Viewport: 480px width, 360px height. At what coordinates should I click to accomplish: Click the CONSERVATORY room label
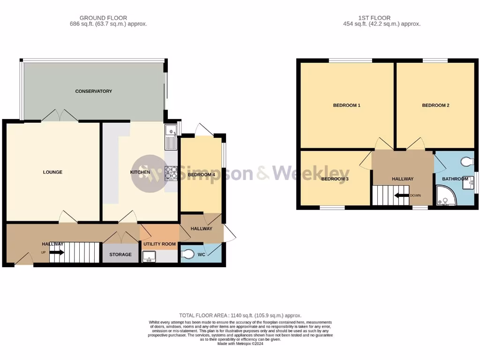coord(94,91)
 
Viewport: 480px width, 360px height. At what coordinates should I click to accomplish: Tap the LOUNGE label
coord(52,172)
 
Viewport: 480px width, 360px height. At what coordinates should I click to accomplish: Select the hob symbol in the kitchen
coord(170,173)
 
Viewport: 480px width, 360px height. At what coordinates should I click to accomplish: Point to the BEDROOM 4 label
coord(201,175)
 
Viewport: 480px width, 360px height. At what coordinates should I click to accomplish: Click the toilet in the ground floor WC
coord(187,254)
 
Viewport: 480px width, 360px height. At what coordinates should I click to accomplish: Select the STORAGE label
coord(120,255)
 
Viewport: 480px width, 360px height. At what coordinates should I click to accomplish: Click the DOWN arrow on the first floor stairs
coord(402,195)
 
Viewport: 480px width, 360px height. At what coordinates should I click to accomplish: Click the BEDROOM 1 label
coord(346,105)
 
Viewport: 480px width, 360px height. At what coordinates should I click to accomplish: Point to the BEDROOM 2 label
coord(435,105)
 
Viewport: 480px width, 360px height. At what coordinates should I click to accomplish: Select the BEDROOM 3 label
coord(335,179)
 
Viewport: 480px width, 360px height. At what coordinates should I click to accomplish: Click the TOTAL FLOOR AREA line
coord(240,315)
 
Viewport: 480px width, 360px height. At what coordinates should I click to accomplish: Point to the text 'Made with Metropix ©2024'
coord(240,344)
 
